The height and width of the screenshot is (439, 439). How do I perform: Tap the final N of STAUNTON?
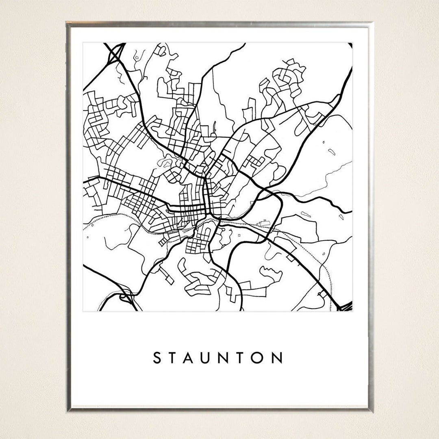tap(279, 358)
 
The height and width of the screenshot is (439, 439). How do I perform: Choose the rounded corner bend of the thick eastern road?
tap(280, 199)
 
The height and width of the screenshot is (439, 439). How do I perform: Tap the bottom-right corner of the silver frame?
tap(372, 409)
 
